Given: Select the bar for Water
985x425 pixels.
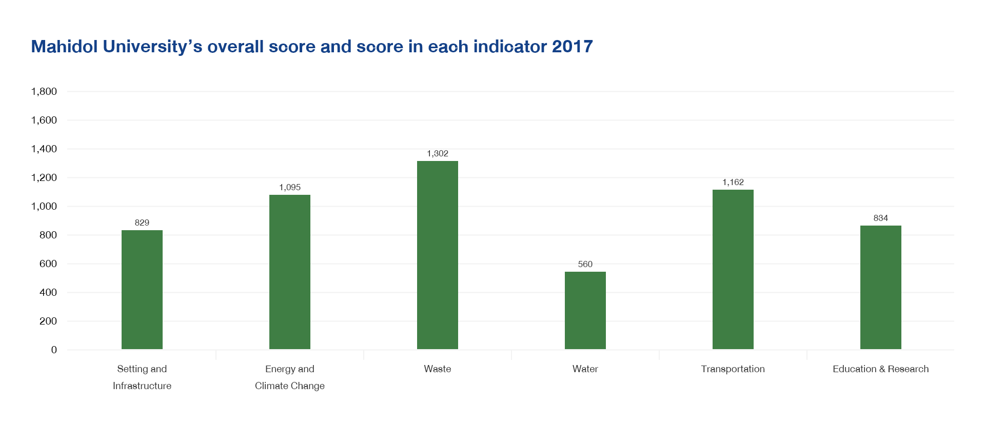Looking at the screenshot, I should pyautogui.click(x=585, y=310).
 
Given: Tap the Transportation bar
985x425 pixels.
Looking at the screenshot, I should pyautogui.click(x=733, y=269).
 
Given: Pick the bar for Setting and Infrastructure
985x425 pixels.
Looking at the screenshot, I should pyautogui.click(x=142, y=290).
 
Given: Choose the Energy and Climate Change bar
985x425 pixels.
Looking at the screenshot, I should pyautogui.click(x=289, y=272).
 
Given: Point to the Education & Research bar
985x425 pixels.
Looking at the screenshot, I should pyautogui.click(x=880, y=287).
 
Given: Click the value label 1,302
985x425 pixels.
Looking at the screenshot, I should pyautogui.click(x=437, y=153).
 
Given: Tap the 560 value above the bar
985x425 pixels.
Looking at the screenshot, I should pyautogui.click(x=585, y=264).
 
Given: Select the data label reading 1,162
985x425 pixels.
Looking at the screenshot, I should pyautogui.click(x=733, y=182).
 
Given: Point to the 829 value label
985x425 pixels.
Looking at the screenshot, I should pyautogui.click(x=142, y=222).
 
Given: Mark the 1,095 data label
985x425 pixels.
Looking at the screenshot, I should pyautogui.click(x=289, y=187).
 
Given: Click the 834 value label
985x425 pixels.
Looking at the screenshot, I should pyautogui.click(x=880, y=218).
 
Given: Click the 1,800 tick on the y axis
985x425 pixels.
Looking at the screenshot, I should pyautogui.click(x=44, y=91).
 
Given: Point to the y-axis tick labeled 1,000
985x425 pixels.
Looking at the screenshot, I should pyautogui.click(x=44, y=206).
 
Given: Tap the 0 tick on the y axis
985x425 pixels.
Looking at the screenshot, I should pyautogui.click(x=54, y=350).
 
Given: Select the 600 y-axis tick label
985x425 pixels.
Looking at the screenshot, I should pyautogui.click(x=48, y=264).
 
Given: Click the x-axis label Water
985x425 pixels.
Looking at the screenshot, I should pyautogui.click(x=585, y=369).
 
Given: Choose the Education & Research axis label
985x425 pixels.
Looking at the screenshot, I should pyautogui.click(x=880, y=369).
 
